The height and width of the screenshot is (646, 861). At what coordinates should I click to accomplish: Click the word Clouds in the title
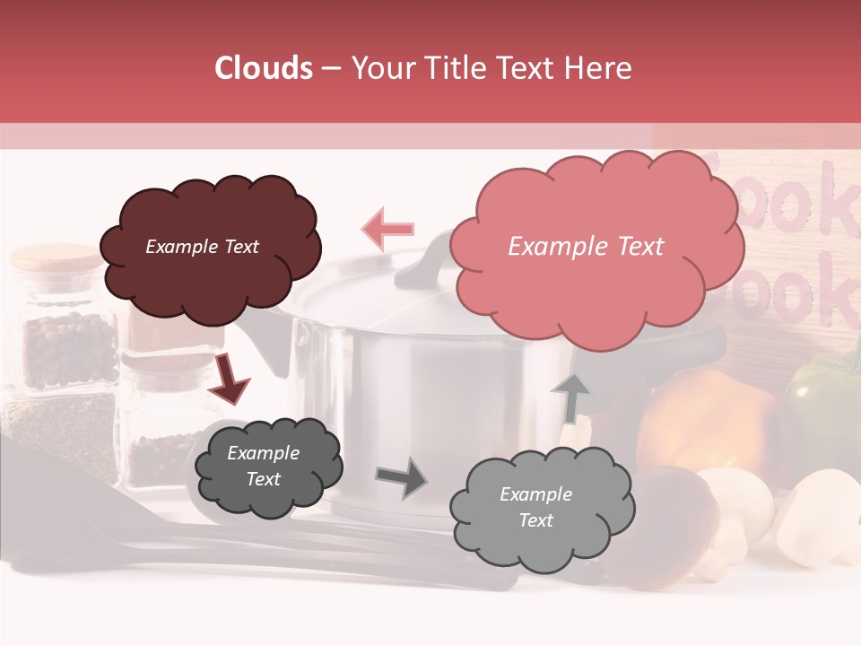pyautogui.click(x=264, y=68)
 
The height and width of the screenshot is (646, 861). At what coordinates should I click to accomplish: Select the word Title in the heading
pyautogui.click(x=452, y=68)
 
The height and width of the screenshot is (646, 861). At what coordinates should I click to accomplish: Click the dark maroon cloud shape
pyautogui.click(x=210, y=249)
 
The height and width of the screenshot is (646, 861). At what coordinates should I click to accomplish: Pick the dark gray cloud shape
pyautogui.click(x=268, y=467)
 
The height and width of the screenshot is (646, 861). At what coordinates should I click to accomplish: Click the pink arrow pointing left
pyautogui.click(x=387, y=229)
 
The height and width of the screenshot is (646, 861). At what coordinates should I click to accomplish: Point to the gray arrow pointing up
pyautogui.click(x=570, y=397)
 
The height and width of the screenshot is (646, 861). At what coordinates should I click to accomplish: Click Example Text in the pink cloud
pyautogui.click(x=586, y=247)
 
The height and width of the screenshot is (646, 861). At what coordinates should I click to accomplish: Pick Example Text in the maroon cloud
pyautogui.click(x=203, y=247)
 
